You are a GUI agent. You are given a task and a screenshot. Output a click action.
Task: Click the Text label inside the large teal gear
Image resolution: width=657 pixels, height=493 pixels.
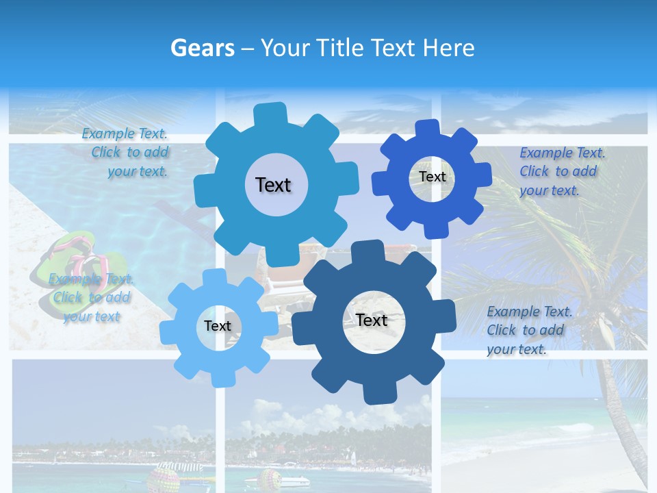point(273,185)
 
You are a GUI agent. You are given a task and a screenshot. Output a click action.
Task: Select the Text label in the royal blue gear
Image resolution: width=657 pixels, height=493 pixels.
point(433,177)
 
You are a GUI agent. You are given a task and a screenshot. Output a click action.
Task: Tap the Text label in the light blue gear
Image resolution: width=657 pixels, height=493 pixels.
point(218,326)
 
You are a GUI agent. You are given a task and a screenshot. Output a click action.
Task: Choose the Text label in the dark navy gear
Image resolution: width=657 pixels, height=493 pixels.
point(372,320)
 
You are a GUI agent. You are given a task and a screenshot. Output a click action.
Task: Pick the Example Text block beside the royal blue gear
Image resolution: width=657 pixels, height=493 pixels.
point(561,172)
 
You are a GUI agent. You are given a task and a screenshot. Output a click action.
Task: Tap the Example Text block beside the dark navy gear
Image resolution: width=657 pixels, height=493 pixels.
point(528,330)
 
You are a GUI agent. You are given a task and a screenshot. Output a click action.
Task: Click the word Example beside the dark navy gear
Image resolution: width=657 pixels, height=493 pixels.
point(513,312)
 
